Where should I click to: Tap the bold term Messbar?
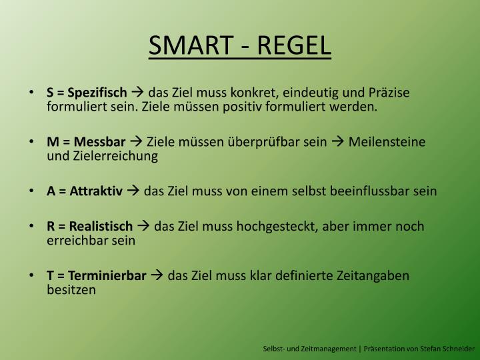coord(100,141)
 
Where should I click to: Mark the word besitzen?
coord(71,290)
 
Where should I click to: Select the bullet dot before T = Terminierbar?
coord(35,276)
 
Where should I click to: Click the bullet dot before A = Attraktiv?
coord(35,192)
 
